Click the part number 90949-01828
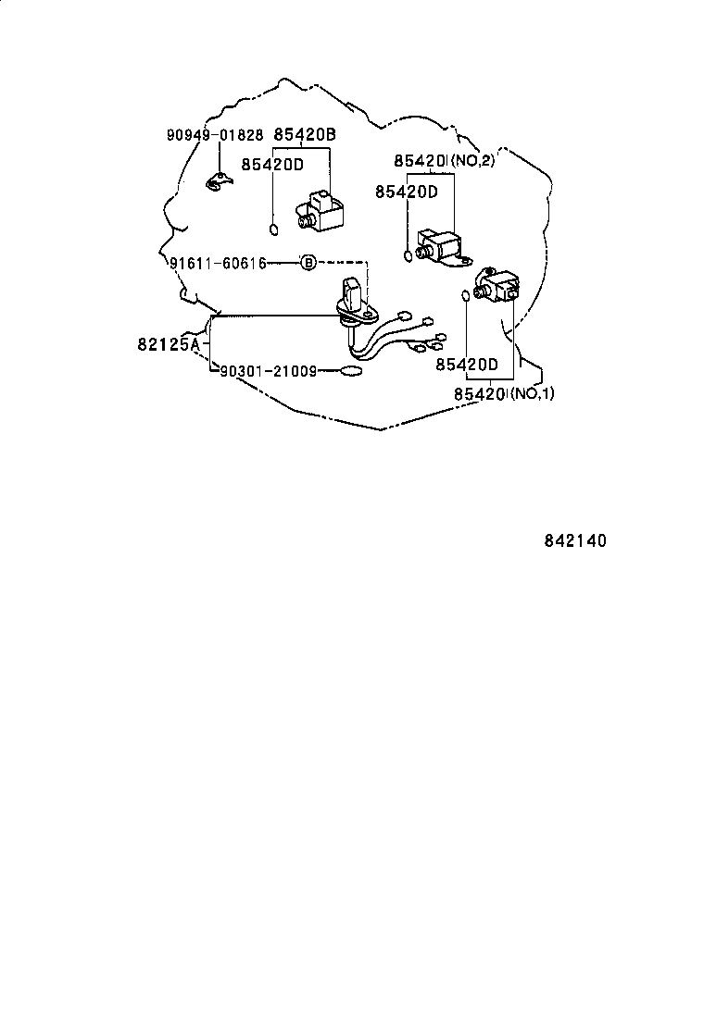pyautogui.click(x=215, y=135)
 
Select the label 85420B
pyautogui.click(x=305, y=134)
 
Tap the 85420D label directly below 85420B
pyautogui.click(x=272, y=164)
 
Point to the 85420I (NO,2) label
pyautogui.click(x=445, y=160)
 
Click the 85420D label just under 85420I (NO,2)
pyautogui.click(x=407, y=192)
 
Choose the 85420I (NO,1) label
pyautogui.click(x=504, y=394)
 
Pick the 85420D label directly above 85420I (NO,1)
pyautogui.click(x=467, y=365)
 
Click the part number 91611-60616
pyautogui.click(x=218, y=263)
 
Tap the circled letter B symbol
pyautogui.click(x=308, y=263)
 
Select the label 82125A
pyautogui.click(x=169, y=344)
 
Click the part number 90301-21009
pyautogui.click(x=268, y=371)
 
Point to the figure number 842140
pyautogui.click(x=575, y=541)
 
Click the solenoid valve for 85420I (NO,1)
pyautogui.click(x=497, y=285)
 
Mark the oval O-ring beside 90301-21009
pyautogui.click(x=351, y=372)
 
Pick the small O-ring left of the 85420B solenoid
pyautogui.click(x=274, y=229)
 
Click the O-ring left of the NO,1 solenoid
pyautogui.click(x=466, y=296)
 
